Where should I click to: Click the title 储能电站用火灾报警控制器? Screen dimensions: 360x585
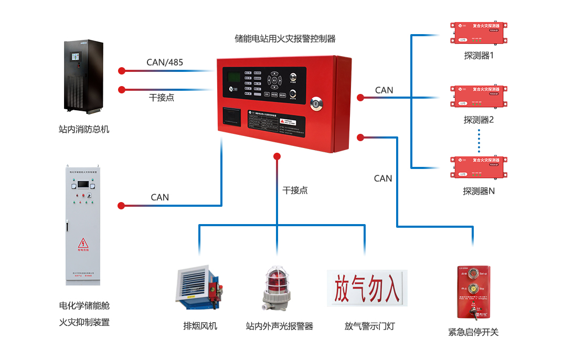[285, 38]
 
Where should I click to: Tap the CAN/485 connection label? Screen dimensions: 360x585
[165, 62]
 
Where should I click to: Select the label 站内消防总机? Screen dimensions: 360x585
[84, 129]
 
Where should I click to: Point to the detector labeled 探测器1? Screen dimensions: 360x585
[480, 32]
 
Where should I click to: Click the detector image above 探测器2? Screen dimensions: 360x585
[480, 96]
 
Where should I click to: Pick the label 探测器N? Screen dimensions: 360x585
[478, 191]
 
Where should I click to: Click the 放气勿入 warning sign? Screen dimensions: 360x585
[367, 288]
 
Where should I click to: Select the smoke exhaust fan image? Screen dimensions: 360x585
[198, 288]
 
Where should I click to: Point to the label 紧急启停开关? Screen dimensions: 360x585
[473, 332]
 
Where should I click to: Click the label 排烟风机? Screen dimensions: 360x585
[200, 326]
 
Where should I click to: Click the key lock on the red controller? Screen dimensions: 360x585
[316, 103]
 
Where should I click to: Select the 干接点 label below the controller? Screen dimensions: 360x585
[295, 190]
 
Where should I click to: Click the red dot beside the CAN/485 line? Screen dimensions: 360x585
[122, 70]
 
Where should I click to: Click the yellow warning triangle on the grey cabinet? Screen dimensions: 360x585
[83, 243]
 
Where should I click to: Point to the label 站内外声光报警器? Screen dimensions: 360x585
[279, 326]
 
